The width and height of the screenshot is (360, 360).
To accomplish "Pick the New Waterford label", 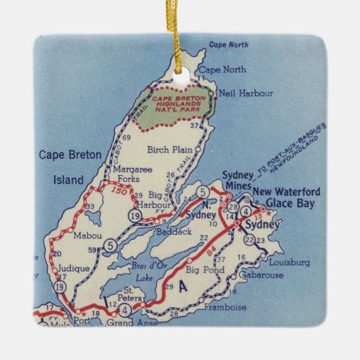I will pos(286,191).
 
